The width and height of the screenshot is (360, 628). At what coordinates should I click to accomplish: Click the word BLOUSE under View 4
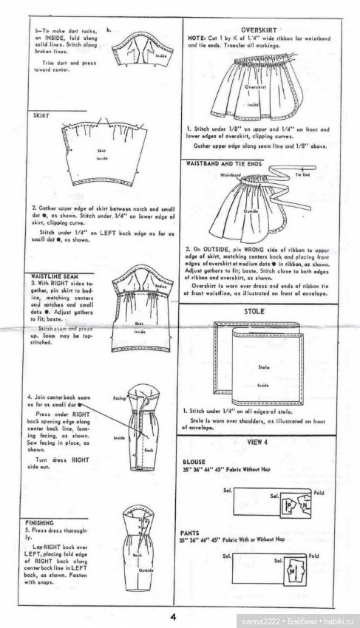click(x=197, y=460)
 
